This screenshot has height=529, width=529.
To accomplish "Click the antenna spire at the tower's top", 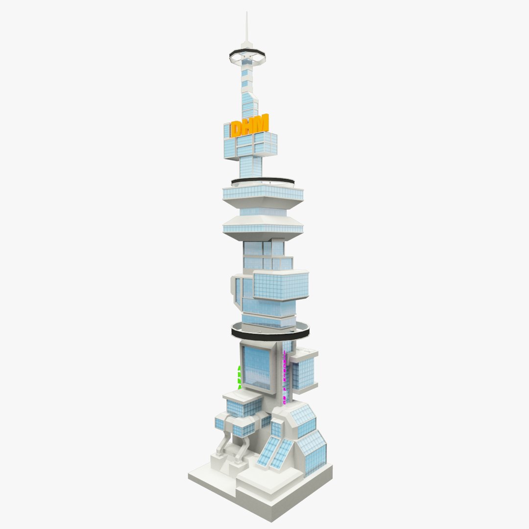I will click(x=247, y=29).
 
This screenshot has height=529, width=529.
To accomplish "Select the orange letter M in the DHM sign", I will click(x=262, y=123).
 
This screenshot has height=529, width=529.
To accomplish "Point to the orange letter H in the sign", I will click(x=250, y=126).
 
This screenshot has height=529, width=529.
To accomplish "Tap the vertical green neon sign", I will click(x=239, y=377).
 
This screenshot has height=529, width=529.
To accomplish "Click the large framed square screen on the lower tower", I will click(x=256, y=367).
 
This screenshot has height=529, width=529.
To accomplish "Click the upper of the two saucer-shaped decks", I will click(x=263, y=192).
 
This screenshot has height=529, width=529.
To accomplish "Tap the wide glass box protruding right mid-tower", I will click(x=280, y=286).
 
